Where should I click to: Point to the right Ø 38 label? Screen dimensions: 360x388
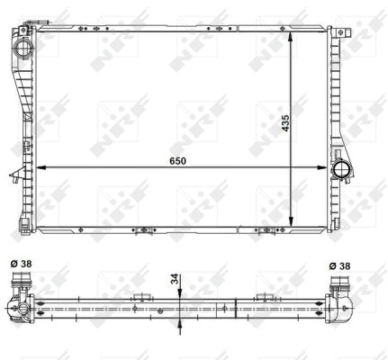(x=341, y=265)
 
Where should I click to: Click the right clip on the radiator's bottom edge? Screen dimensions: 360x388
(x=266, y=231)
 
